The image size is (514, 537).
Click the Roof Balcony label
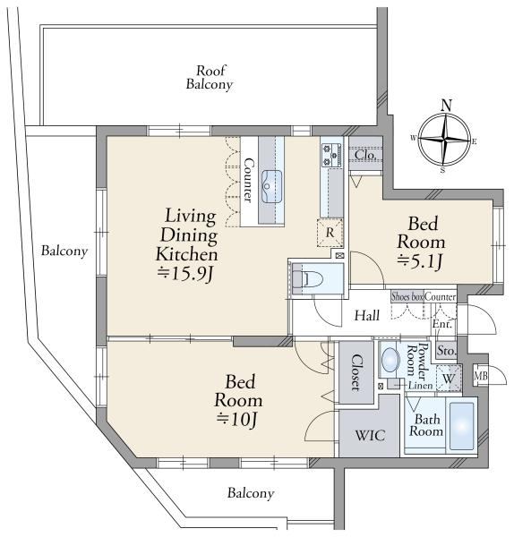(x=210, y=78)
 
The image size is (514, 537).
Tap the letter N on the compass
(x=446, y=105)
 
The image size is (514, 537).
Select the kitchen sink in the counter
(x=271, y=187)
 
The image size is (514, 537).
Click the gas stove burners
(x=331, y=155)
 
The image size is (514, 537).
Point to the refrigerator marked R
(x=330, y=233)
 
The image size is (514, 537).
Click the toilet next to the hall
(x=308, y=278)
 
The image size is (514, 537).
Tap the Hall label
(x=366, y=315)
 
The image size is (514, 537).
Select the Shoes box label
(x=407, y=296)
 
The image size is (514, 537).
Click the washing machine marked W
(x=449, y=379)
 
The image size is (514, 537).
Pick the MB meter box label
(x=480, y=376)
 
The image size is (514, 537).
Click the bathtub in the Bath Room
(x=462, y=426)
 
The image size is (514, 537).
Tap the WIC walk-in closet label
(x=370, y=436)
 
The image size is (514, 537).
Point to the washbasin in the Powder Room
(x=390, y=360)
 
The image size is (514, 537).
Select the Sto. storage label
(x=447, y=351)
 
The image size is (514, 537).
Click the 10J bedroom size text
(x=236, y=419)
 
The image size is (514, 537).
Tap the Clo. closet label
(x=365, y=155)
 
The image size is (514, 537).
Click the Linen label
(x=420, y=385)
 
